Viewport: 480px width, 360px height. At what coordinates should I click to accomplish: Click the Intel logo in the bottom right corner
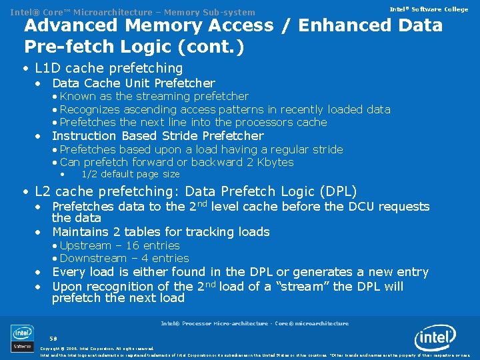pos(436,339)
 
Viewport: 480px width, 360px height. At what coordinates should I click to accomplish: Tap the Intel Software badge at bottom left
pos(22,338)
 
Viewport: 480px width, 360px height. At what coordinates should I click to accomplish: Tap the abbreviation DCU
pos(374,207)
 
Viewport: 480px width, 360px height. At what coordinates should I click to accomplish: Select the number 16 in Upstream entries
pos(144,245)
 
